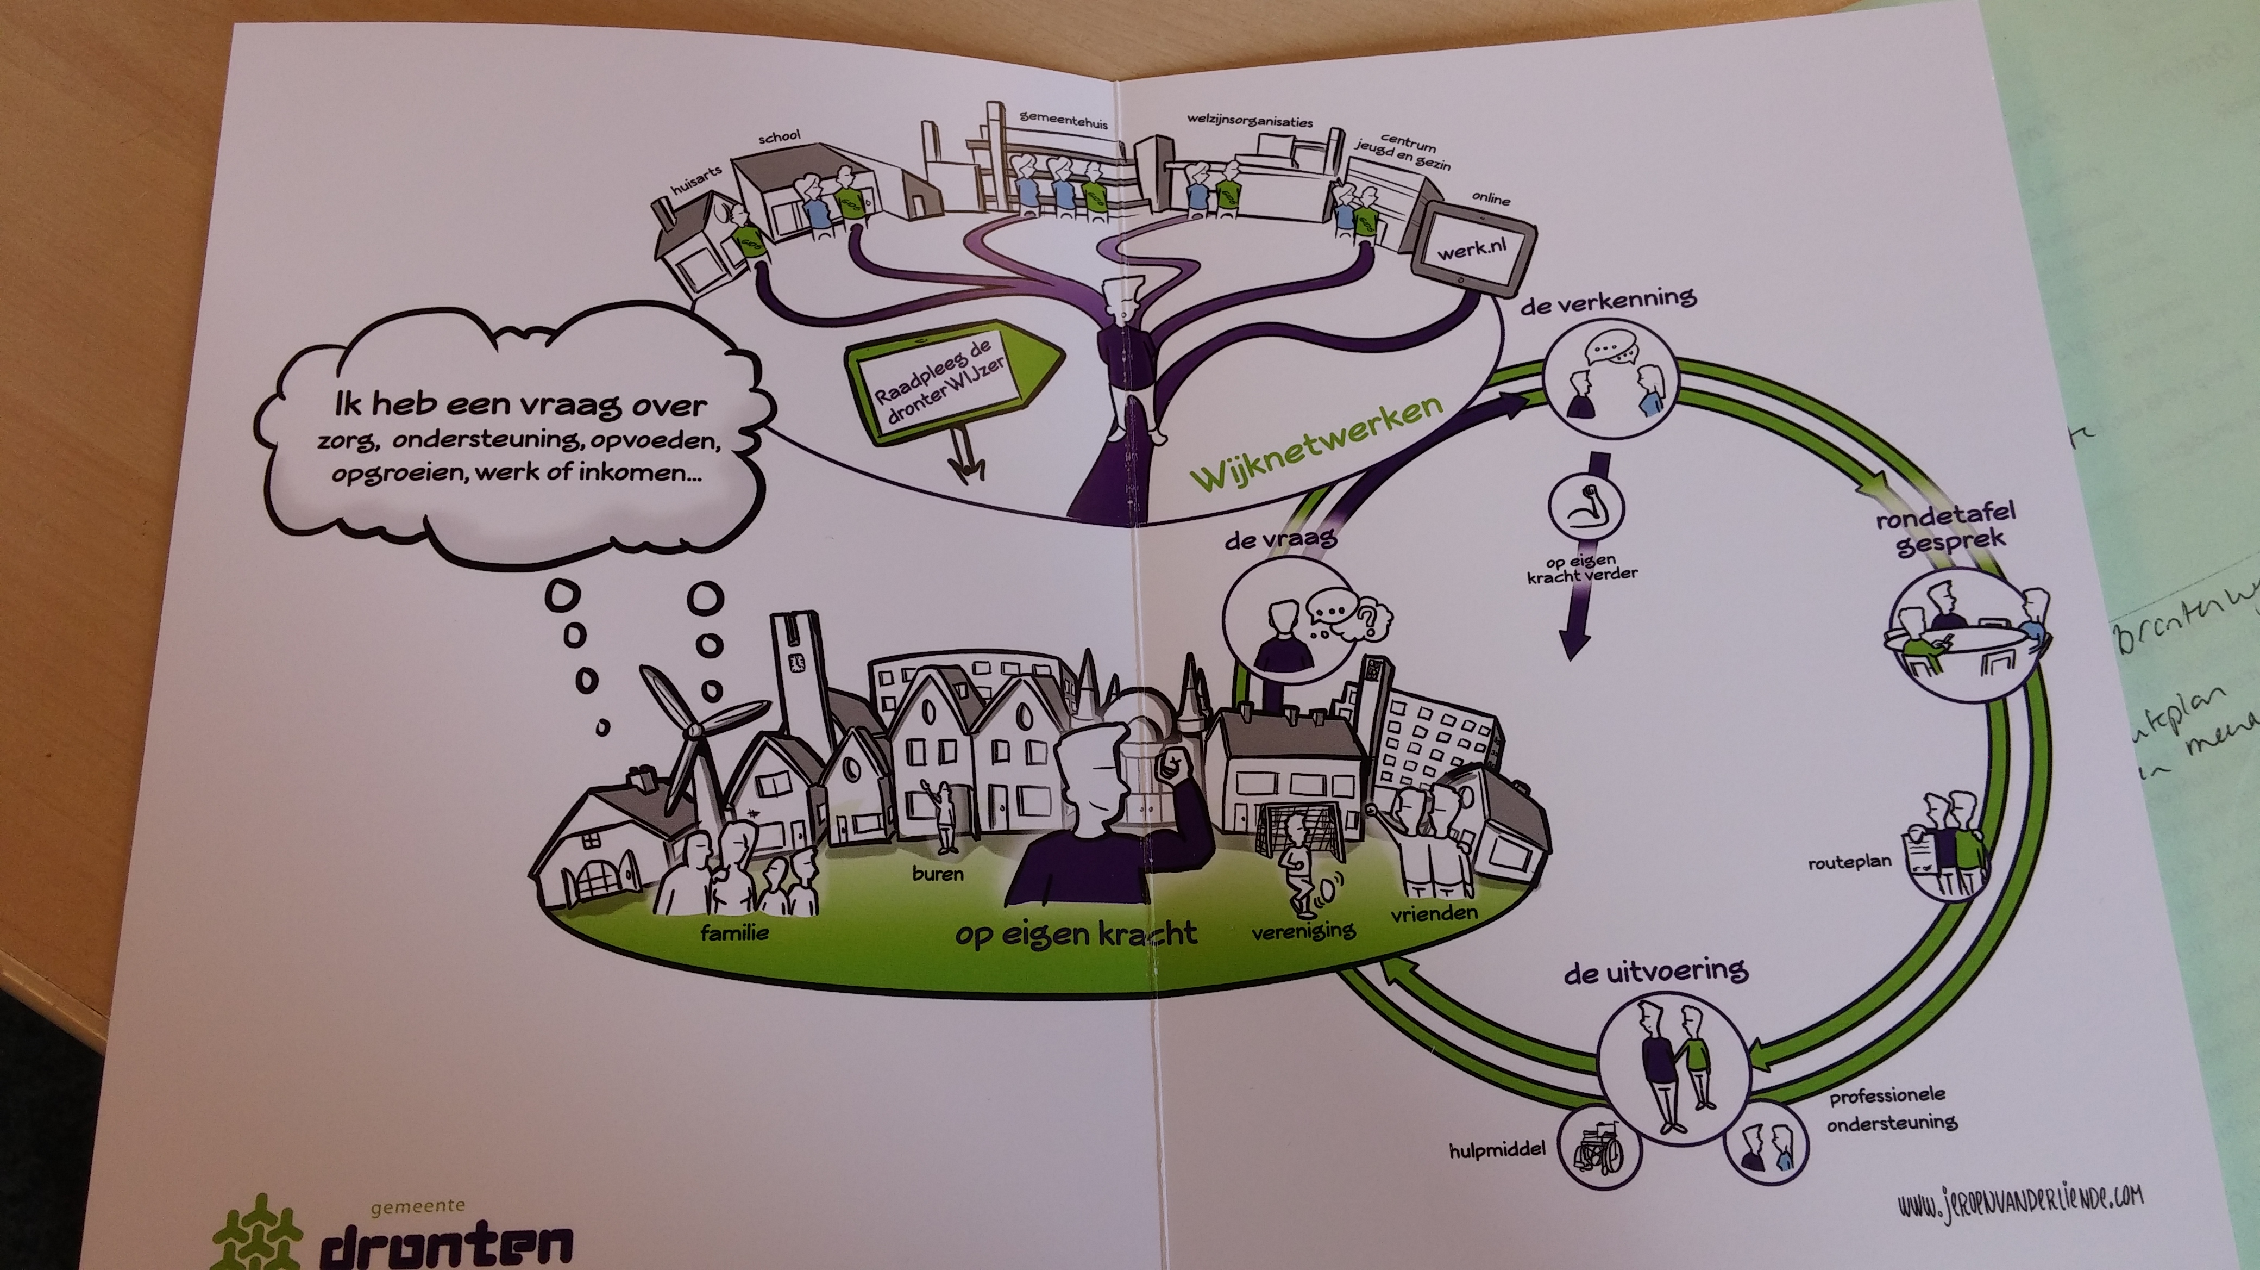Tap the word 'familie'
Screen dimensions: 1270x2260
pos(734,932)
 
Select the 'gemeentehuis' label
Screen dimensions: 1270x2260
pos(1063,120)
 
